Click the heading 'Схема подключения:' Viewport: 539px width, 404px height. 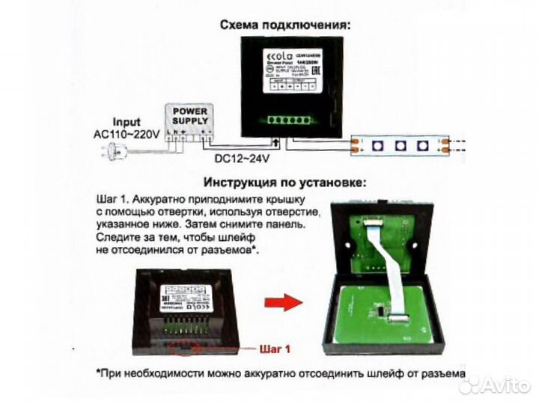285,25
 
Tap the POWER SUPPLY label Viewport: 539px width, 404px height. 190,115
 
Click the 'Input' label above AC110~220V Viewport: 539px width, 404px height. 127,122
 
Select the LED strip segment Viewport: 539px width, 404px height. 401,144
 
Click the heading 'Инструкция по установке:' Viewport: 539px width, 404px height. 284,183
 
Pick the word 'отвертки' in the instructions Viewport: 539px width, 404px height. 182,213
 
